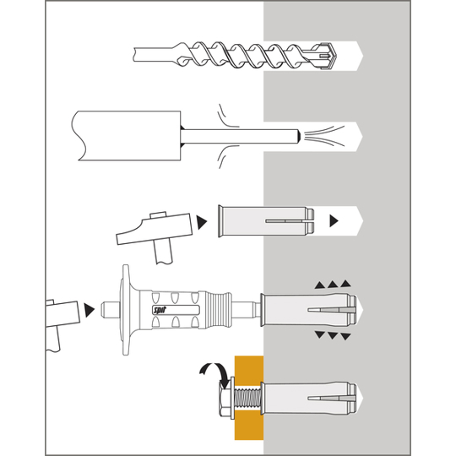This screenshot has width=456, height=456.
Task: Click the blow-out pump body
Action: point(126,135)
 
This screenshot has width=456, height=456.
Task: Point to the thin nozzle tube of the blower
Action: point(241,137)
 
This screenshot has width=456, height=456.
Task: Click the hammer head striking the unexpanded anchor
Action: point(155,229)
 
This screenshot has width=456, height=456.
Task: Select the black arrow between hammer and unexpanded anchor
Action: point(201,222)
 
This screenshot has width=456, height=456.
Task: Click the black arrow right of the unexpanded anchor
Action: point(334,220)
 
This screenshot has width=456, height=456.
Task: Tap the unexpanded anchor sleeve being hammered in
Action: point(266,221)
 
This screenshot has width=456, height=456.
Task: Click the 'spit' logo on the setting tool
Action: point(158,310)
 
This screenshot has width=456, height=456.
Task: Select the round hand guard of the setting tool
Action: point(126,310)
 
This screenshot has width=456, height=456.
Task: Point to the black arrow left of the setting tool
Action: point(89,310)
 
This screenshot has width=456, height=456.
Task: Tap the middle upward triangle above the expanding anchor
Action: point(333,285)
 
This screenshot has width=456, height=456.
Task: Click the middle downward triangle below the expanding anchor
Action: point(333,335)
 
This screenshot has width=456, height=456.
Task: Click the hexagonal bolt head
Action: point(225,399)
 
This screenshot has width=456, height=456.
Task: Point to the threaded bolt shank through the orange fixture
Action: point(247,399)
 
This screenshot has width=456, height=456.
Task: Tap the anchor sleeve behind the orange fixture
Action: point(309,398)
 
